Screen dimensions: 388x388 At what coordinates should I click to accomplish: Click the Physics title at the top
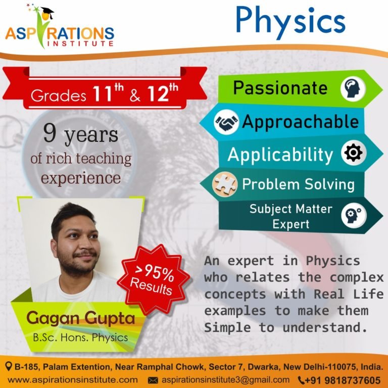click(x=290, y=21)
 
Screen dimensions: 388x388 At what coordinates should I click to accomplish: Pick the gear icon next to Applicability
click(x=352, y=154)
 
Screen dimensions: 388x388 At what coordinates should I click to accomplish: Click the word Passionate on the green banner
click(x=280, y=88)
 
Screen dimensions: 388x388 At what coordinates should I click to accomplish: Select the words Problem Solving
click(x=298, y=184)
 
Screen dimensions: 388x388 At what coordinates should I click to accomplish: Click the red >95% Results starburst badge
click(x=153, y=279)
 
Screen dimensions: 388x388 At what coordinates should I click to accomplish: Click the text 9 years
click(x=80, y=135)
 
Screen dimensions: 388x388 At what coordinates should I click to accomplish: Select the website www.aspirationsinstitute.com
click(x=73, y=379)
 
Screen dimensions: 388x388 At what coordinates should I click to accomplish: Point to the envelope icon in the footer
click(x=152, y=380)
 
